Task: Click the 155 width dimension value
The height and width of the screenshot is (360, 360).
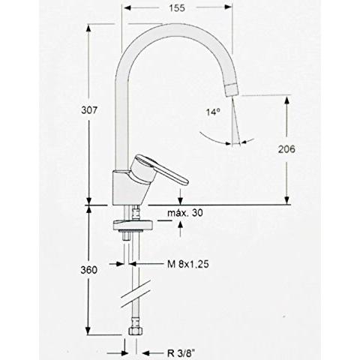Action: (177, 7)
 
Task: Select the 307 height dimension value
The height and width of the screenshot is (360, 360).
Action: (88, 110)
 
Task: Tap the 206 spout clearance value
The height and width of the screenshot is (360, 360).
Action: (286, 149)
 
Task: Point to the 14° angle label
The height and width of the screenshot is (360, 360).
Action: (214, 112)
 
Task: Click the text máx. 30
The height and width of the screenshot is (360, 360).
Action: (185, 213)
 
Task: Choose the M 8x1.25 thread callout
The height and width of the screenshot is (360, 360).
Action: (188, 264)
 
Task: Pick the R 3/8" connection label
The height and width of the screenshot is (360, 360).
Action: (181, 353)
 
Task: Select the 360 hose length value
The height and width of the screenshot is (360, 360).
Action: (88, 270)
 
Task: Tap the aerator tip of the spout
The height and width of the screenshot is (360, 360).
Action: (232, 90)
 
